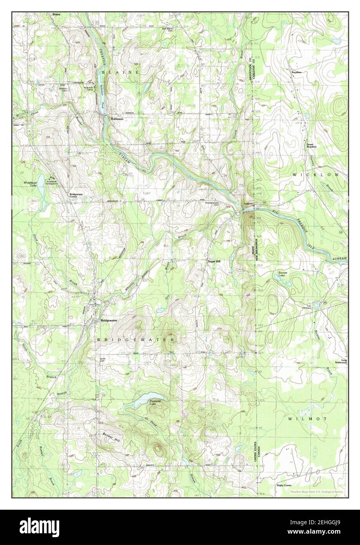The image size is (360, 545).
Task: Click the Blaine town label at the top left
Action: coord(56,15)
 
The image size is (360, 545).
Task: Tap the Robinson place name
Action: coord(117,119)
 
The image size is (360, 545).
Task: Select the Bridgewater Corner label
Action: coord(77,195)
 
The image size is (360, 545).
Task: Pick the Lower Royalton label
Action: coord(311,145)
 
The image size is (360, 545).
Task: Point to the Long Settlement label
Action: coord(341,362)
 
